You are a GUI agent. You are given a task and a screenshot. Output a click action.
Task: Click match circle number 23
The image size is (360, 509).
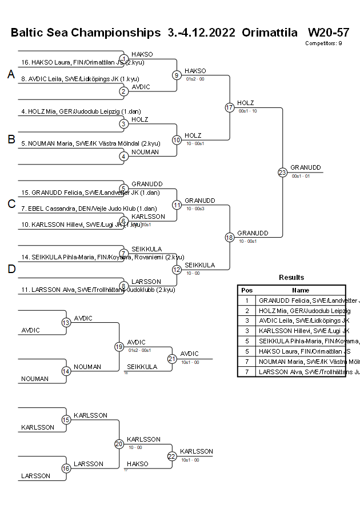pyautogui.click(x=282, y=172)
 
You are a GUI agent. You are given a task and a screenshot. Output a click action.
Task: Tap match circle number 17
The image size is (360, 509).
pyautogui.click(x=230, y=107)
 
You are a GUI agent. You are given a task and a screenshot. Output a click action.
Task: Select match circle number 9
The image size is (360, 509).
pyautogui.click(x=177, y=75)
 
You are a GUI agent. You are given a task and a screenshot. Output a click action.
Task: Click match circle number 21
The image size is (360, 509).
pyautogui.click(x=172, y=359)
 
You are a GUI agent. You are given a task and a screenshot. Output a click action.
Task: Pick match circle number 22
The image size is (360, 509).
pyautogui.click(x=172, y=456)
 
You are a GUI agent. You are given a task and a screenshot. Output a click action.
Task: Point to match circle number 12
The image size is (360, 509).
pyautogui.click(x=177, y=269)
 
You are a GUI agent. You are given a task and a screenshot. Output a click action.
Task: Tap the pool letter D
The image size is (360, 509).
pyautogui.click(x=11, y=269)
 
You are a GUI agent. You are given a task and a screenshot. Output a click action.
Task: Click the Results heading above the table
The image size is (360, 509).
pyautogui.click(x=291, y=278)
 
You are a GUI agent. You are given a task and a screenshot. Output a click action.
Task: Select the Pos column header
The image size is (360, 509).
pyautogui.click(x=247, y=290)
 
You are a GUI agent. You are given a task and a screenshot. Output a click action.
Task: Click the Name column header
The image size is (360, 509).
pyautogui.click(x=300, y=290)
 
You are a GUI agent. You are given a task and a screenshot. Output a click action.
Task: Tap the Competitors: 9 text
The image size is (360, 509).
pyautogui.click(x=323, y=43)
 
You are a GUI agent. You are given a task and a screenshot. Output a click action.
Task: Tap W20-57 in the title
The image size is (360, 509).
pyautogui.click(x=328, y=32)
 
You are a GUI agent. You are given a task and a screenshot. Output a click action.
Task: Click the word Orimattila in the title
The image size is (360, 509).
pyautogui.click(x=269, y=32)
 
